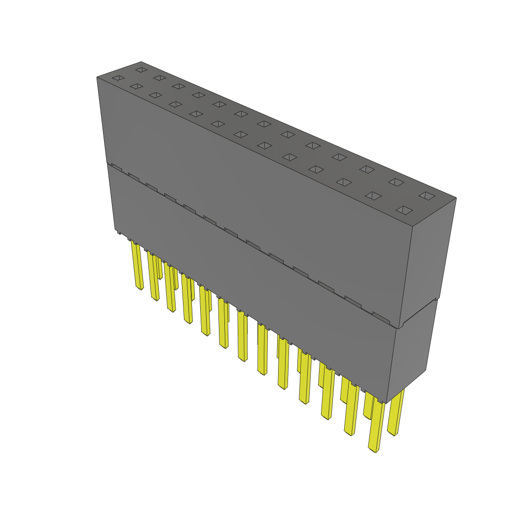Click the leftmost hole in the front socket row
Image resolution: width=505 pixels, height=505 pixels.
117,78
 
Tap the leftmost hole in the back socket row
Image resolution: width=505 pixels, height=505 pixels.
142,70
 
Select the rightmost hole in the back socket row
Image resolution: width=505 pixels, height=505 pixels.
428,196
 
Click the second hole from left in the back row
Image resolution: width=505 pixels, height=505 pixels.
159,77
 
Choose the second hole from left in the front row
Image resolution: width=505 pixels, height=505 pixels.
136,86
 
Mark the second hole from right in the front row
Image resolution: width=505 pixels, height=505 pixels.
374,196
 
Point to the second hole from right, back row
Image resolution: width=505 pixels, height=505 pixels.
396,182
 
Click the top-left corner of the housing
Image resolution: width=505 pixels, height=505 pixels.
97,77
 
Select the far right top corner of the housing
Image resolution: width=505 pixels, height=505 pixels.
456,198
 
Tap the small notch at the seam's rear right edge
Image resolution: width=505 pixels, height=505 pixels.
435,299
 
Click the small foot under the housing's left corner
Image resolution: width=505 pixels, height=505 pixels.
118,232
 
